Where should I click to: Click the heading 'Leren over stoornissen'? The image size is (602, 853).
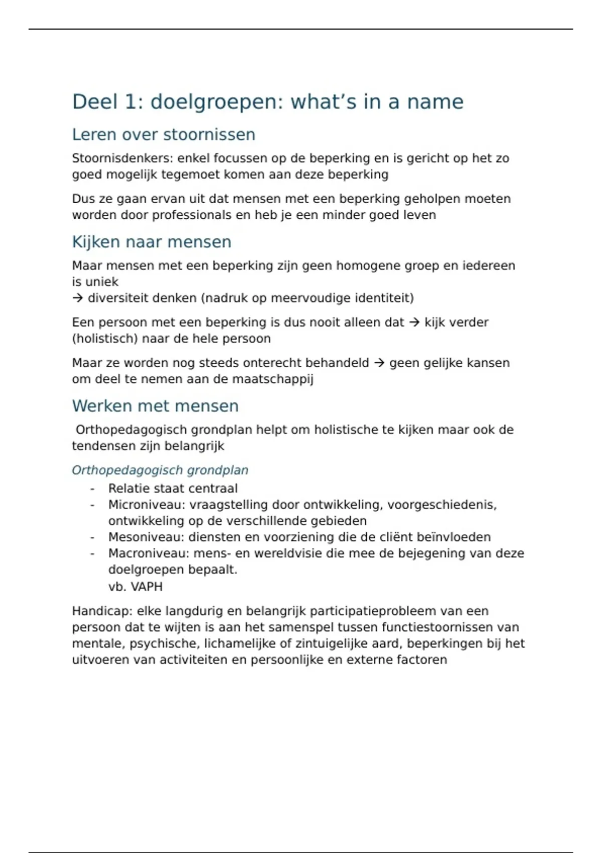(x=164, y=134)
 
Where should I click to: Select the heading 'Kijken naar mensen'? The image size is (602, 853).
(x=152, y=242)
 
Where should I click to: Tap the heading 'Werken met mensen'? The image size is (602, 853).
(x=155, y=406)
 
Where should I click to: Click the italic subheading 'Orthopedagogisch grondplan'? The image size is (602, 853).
(x=160, y=470)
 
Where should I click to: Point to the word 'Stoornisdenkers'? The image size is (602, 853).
(x=122, y=158)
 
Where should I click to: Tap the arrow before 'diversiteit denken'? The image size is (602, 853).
(x=77, y=298)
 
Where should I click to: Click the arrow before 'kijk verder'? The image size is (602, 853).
(x=414, y=322)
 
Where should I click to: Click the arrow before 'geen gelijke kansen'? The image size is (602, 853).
(x=379, y=363)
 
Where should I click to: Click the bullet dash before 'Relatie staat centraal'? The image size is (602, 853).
(x=92, y=489)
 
